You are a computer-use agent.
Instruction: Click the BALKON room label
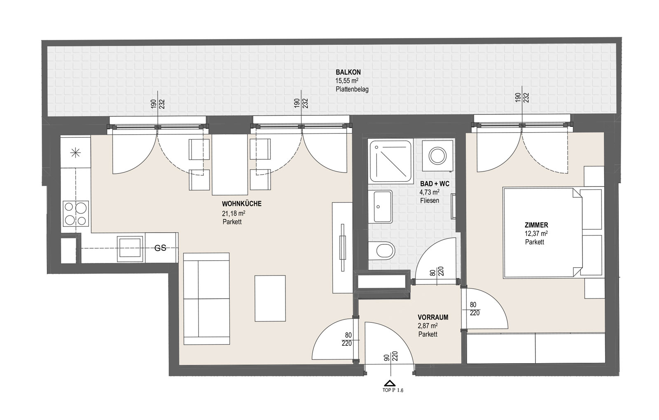[348, 72]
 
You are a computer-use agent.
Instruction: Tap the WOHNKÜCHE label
[241, 204]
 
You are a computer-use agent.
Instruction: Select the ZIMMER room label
[536, 225]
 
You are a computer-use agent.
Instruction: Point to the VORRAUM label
[433, 317]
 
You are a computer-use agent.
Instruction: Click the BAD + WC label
[435, 184]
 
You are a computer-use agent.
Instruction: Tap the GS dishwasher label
[160, 248]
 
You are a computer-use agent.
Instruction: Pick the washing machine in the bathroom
[437, 156]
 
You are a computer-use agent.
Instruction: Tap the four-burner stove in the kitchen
[76, 214]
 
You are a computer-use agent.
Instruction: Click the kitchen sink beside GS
[129, 249]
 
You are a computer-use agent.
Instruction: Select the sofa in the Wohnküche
[206, 299]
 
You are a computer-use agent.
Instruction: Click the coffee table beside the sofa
[270, 298]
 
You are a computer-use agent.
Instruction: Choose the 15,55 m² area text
[347, 81]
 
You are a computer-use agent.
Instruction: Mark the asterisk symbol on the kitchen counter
[76, 153]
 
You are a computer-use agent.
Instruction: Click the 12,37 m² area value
[536, 234]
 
